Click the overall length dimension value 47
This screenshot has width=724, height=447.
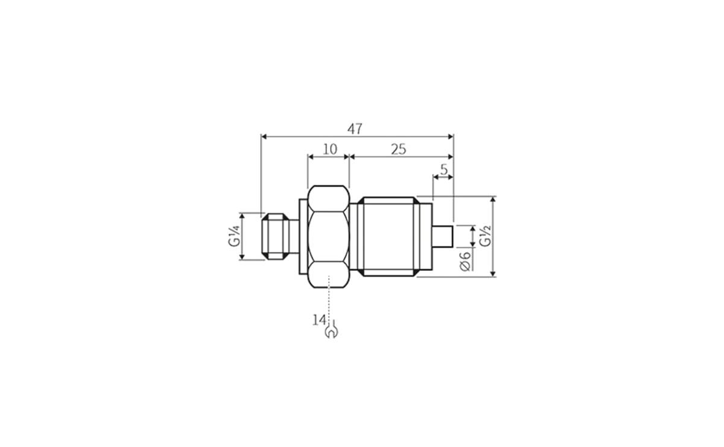tap(355, 128)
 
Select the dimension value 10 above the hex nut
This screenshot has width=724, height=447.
tap(329, 149)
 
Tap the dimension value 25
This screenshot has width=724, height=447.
tap(398, 149)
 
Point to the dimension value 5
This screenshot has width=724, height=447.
tap(444, 170)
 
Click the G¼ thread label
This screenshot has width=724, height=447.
tap(234, 236)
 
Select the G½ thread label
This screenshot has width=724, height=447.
tap(484, 236)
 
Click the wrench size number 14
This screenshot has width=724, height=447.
tap(319, 320)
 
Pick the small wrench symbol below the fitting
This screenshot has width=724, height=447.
tap(331, 331)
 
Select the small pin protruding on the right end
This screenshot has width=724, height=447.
tap(443, 236)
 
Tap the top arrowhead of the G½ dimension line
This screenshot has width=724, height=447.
tap(494, 200)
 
